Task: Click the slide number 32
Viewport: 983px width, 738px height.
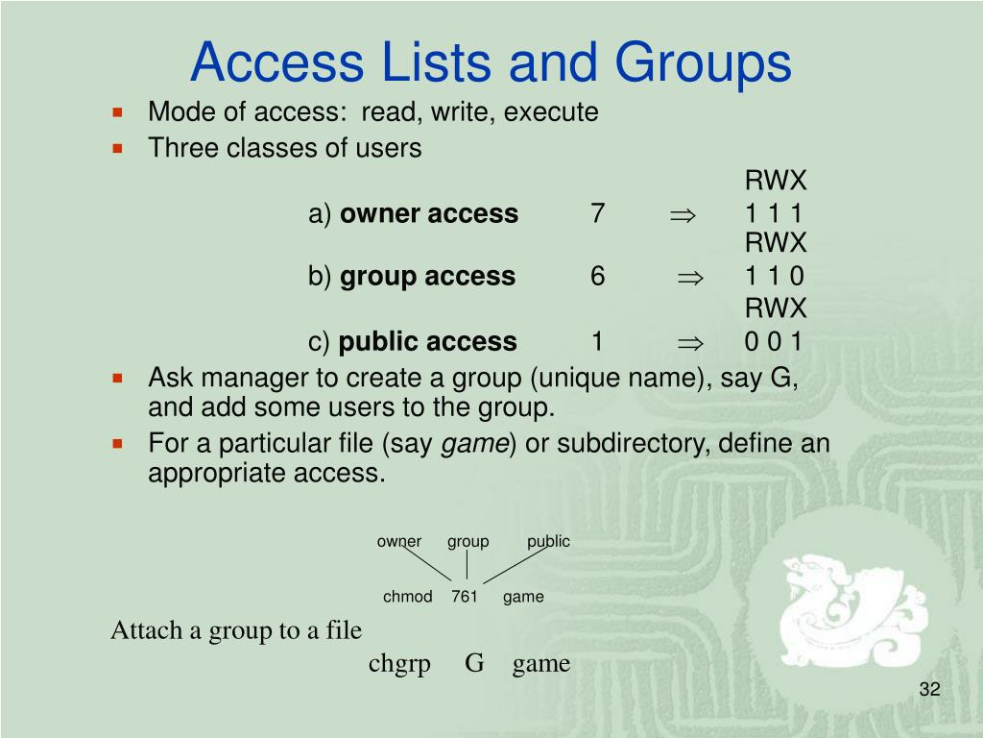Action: [x=928, y=690]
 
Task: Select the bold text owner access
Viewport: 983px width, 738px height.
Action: [x=429, y=213]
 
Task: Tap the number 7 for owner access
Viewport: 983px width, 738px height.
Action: [x=598, y=213]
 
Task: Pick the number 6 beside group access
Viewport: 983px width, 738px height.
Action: [x=598, y=277]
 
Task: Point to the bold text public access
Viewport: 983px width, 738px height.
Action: [x=428, y=341]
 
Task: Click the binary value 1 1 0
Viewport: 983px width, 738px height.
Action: [x=774, y=277]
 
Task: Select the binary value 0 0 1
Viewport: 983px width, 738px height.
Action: [x=774, y=341]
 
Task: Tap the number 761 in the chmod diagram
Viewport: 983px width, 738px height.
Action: [x=465, y=597]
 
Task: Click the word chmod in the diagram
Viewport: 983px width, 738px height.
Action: [x=408, y=597]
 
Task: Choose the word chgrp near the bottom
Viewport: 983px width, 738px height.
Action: [x=399, y=663]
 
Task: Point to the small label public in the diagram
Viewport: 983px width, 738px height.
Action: [x=548, y=541]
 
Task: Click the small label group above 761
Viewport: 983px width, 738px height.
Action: [x=468, y=541]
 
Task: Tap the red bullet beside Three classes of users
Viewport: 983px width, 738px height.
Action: [x=118, y=149]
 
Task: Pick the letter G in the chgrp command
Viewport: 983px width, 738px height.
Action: [x=474, y=663]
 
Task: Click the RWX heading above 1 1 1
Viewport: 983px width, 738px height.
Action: [x=776, y=181]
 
